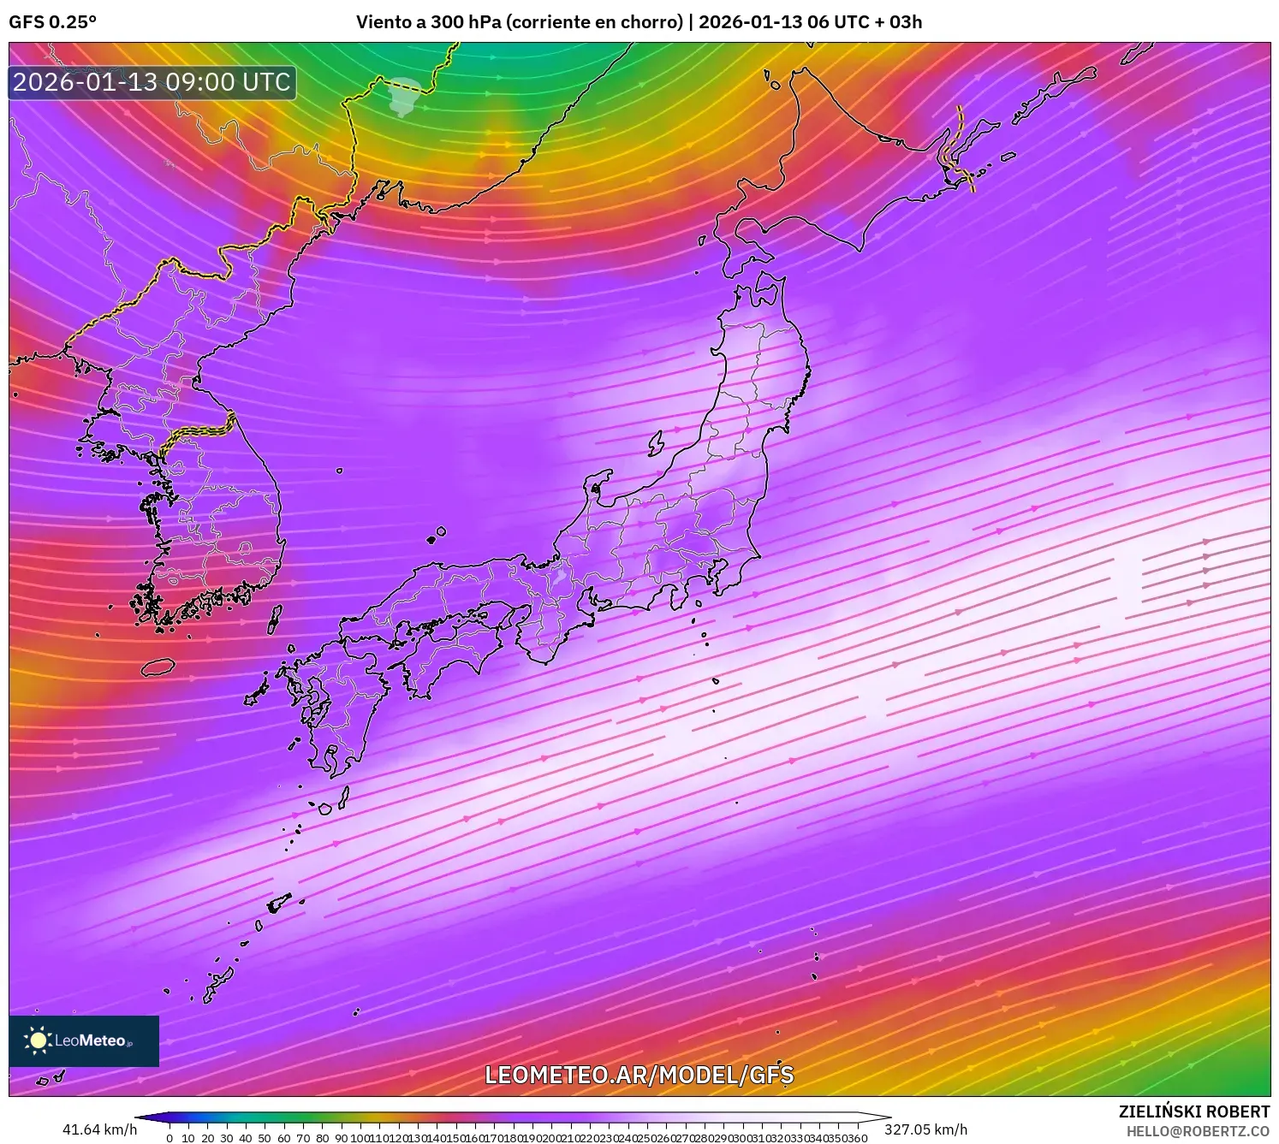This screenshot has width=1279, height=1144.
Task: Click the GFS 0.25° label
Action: coord(52,22)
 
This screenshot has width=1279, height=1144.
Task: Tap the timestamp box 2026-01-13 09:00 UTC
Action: coord(152,82)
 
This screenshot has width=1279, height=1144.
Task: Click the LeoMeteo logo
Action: coord(84,1040)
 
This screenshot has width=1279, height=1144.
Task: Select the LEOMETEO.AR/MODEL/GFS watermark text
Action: coord(639,1075)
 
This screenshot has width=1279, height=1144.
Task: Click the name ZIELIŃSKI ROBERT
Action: coord(1194,1111)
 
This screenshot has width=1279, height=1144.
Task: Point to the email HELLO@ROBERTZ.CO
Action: coord(1198,1131)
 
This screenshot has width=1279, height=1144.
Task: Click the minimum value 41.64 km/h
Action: coord(99,1129)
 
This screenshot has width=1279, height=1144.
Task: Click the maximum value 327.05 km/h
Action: coord(925,1129)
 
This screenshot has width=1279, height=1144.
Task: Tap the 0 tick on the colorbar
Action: coord(170,1138)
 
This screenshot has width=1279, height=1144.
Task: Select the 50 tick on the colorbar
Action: coord(265,1138)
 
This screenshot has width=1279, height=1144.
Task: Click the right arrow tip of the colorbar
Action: coord(889,1117)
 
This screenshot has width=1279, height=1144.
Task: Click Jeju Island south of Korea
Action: coord(158,667)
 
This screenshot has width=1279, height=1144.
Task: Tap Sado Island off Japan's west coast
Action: coord(657,443)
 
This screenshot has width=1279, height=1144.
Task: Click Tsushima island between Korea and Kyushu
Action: coord(275,619)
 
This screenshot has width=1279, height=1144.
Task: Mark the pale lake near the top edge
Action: coord(403,94)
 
